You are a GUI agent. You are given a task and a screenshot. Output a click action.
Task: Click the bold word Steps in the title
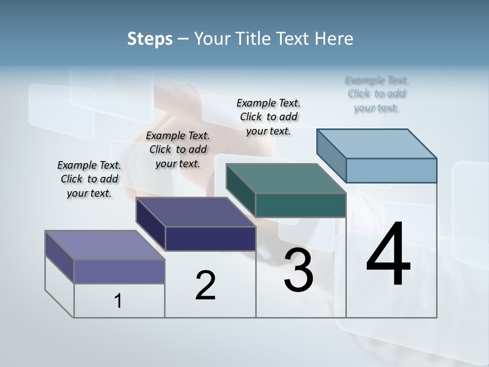150,39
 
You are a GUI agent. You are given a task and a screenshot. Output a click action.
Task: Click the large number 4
388,255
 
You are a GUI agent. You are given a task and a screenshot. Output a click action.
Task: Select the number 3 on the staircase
298,271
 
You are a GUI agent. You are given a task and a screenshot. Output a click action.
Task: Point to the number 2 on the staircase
205,285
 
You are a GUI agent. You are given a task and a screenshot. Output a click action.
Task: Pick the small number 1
118,301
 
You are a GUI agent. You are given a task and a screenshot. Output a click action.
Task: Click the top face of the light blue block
377,143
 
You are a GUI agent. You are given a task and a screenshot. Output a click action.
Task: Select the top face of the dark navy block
196,212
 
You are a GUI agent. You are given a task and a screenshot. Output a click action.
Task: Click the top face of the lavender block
105,245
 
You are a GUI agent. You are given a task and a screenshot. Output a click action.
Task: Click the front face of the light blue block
391,170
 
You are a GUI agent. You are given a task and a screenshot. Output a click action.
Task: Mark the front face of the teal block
301,205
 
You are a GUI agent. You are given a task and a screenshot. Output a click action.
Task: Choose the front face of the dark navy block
210,239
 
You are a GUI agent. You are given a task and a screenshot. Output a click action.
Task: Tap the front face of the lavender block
119,271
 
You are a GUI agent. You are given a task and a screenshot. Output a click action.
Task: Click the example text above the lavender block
89,179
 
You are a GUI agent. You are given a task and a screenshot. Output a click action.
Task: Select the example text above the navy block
178,149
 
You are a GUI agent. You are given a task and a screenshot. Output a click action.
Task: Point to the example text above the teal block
268,117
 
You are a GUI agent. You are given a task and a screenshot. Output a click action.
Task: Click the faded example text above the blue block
376,94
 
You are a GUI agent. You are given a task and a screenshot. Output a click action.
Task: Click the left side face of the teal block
240,191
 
